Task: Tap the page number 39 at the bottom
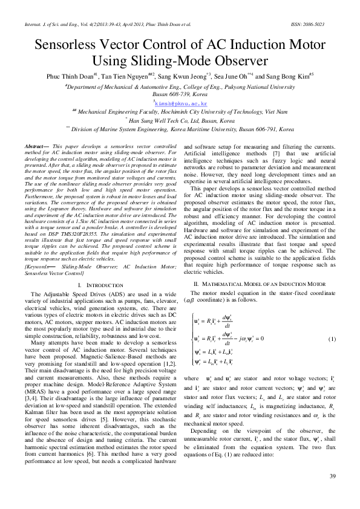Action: click(332, 494)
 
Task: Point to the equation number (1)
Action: click(332, 339)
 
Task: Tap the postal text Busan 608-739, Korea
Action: click(180, 95)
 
